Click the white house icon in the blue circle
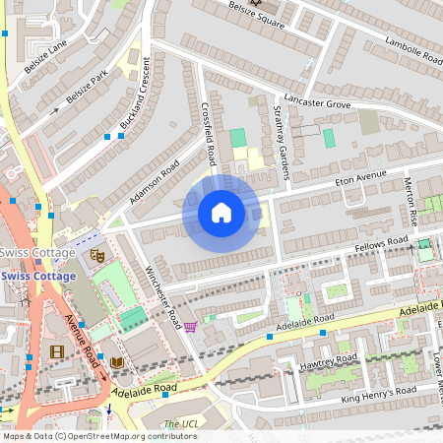coord(221,213)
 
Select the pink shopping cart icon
coord(190,326)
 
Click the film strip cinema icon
coord(56,351)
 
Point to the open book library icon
coord(117,363)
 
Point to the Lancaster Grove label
coord(318,102)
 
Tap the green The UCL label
coord(180,424)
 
